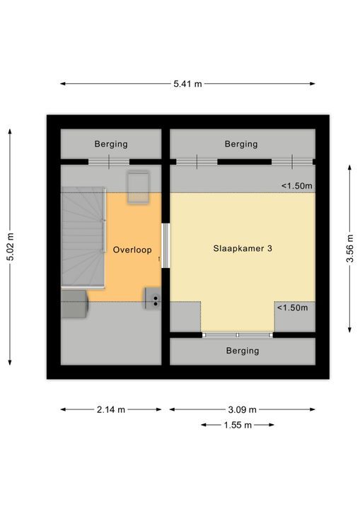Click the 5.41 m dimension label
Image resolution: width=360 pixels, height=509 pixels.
(187, 83)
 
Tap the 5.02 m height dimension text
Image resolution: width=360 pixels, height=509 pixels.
(11, 247)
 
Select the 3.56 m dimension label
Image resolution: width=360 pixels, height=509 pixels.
(350, 248)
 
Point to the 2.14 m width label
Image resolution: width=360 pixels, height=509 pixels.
(111, 409)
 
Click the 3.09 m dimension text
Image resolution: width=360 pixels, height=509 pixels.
(243, 409)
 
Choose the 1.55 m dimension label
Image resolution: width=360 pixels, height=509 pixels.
(238, 425)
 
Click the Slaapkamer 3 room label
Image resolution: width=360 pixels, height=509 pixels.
(243, 249)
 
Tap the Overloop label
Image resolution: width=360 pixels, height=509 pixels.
(132, 250)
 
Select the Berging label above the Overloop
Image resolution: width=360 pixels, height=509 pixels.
(111, 144)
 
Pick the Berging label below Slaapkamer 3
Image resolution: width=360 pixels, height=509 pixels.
(243, 351)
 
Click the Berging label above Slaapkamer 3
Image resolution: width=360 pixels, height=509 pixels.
(241, 144)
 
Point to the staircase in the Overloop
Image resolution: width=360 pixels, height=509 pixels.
(83, 238)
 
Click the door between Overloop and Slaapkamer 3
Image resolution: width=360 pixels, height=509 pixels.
(166, 245)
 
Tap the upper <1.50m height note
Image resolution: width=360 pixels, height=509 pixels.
(296, 186)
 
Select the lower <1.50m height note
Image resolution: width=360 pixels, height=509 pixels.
(292, 308)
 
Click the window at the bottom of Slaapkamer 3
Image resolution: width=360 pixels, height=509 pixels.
(238, 335)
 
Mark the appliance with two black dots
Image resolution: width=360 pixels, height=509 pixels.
(153, 298)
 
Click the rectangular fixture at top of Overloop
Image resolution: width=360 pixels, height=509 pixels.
(138, 187)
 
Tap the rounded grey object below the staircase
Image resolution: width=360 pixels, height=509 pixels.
(74, 304)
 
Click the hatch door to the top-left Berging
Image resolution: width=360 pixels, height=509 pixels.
(109, 162)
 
